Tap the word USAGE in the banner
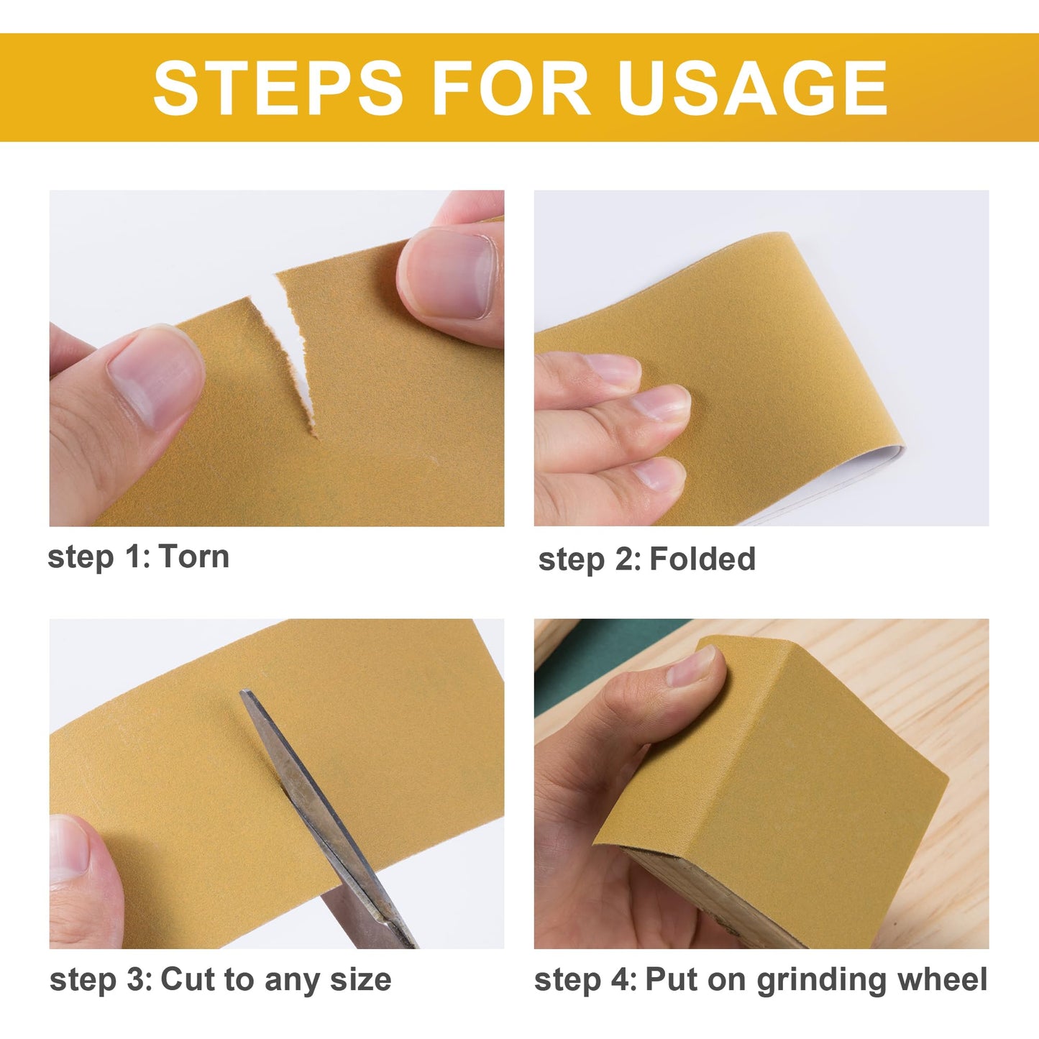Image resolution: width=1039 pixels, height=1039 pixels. click(752, 88)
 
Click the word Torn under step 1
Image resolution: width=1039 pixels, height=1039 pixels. click(193, 557)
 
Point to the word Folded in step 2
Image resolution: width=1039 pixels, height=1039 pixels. click(702, 559)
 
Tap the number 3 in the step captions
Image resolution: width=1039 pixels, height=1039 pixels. click(137, 980)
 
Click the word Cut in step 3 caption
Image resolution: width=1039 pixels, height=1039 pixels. click(187, 980)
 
